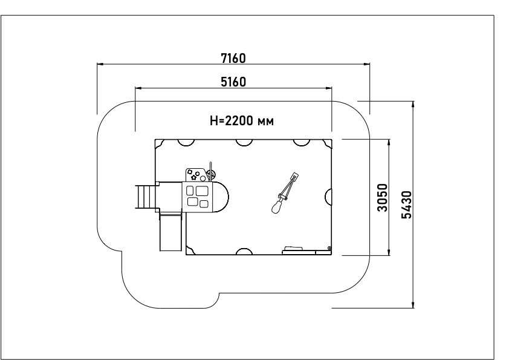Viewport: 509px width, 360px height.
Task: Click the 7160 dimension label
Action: [233, 59]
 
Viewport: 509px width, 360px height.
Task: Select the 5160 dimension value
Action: [233, 82]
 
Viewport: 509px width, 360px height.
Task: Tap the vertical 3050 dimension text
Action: [383, 197]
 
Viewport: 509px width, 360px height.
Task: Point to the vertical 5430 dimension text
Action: [406, 205]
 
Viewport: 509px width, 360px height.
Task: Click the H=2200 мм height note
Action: [242, 121]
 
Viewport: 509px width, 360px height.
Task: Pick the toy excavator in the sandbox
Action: [285, 193]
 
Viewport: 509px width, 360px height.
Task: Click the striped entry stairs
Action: [142, 197]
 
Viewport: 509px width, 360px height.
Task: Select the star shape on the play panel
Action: [194, 177]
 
